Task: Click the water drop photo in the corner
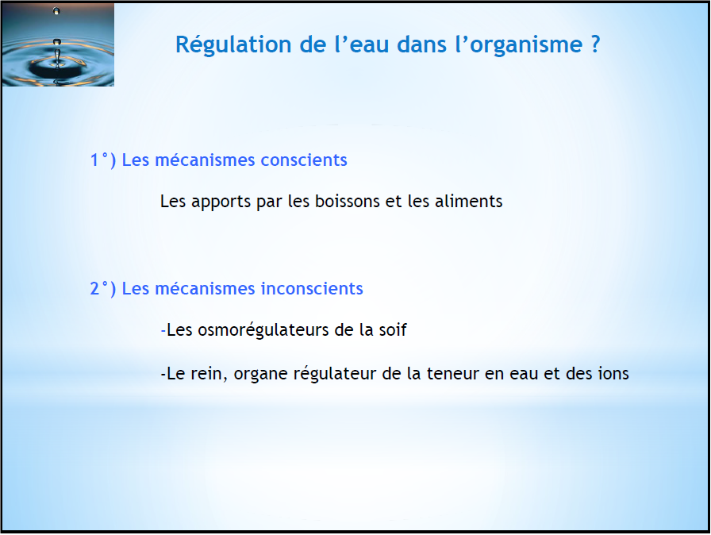coord(58,44)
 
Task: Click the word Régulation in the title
coord(233,45)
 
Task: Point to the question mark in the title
coord(595,44)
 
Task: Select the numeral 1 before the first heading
coord(94,160)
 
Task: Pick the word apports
coord(221,202)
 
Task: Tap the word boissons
coord(348,201)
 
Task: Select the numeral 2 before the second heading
coord(94,289)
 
